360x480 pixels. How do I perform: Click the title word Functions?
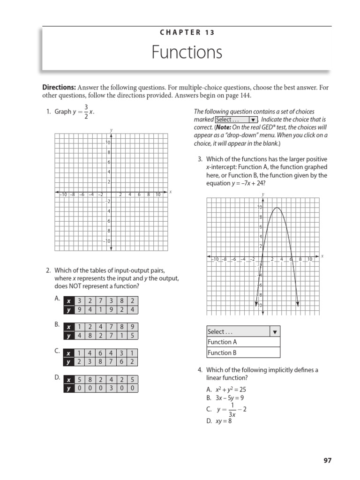[187, 52]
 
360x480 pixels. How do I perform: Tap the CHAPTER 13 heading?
[187, 32]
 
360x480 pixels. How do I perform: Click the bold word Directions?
[59, 87]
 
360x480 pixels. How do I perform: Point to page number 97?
[327, 460]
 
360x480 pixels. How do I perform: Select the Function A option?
[223, 342]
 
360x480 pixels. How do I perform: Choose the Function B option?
[223, 353]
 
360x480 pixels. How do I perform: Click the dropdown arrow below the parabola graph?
[275, 331]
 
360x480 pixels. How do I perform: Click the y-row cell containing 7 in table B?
[112, 336]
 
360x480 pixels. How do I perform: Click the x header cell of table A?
[69, 301]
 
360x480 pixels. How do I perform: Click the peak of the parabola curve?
[277, 208]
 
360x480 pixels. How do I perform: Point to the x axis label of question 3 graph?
[322, 256]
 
